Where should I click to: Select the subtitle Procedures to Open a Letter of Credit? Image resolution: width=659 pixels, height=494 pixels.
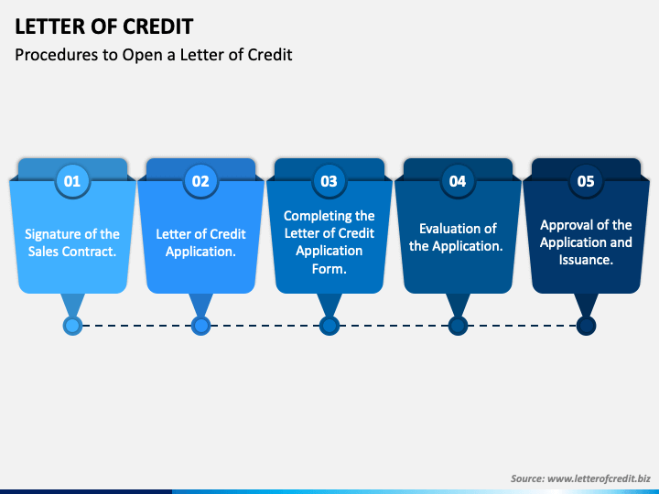tap(154, 55)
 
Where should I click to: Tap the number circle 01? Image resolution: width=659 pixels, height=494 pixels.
tap(72, 181)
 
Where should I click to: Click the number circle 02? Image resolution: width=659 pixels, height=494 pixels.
tap(200, 181)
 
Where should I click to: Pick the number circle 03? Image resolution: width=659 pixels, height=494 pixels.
tap(329, 181)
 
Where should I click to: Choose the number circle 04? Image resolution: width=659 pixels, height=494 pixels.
tap(458, 181)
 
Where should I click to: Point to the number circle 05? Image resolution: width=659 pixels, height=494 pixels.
tap(586, 181)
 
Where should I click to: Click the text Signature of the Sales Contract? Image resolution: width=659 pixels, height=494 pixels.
tap(72, 242)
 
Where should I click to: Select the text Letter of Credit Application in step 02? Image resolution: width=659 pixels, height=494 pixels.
tap(200, 242)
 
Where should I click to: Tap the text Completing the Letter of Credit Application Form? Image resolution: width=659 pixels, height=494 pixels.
tap(329, 242)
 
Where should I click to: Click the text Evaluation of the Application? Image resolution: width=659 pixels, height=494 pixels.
tap(458, 237)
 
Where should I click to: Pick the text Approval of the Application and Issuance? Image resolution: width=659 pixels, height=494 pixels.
tap(586, 242)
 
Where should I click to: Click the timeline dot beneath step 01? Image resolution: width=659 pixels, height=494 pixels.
tap(72, 325)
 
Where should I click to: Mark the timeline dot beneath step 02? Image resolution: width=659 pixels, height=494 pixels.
tap(200, 325)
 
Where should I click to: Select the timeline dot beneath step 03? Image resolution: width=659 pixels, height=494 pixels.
tap(329, 325)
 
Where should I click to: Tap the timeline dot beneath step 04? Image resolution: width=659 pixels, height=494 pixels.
tap(458, 325)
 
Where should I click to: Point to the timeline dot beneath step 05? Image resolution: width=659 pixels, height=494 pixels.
tap(586, 325)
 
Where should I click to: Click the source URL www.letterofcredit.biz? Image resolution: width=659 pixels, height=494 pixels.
tap(599, 478)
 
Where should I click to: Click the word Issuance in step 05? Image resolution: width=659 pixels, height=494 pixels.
tap(586, 260)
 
